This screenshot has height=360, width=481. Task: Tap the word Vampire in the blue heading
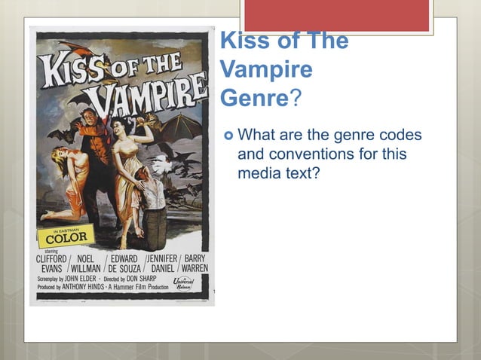pyautogui.click(x=266, y=71)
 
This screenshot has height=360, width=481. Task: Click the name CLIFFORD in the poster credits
pyautogui.click(x=53, y=258)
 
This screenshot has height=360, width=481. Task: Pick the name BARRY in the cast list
pyautogui.click(x=195, y=258)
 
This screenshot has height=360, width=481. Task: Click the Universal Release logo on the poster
pyautogui.click(x=182, y=282)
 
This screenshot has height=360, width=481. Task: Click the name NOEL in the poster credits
pyautogui.click(x=89, y=258)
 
